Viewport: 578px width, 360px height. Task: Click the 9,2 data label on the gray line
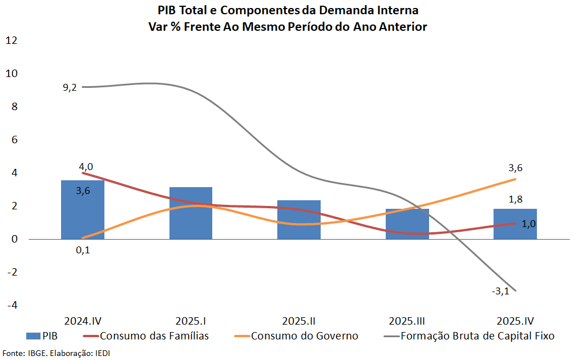pos(70,88)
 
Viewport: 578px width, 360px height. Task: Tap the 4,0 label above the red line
pos(86,167)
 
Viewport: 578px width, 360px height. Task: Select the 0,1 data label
pos(83,250)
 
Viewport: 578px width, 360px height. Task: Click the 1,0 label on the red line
pos(528,224)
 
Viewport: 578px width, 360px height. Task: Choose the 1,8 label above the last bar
pos(515,199)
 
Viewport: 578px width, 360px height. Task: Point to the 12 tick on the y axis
pos(12,40)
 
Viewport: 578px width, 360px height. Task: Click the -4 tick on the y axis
pos(12,305)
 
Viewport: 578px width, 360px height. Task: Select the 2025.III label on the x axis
pos(407,321)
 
